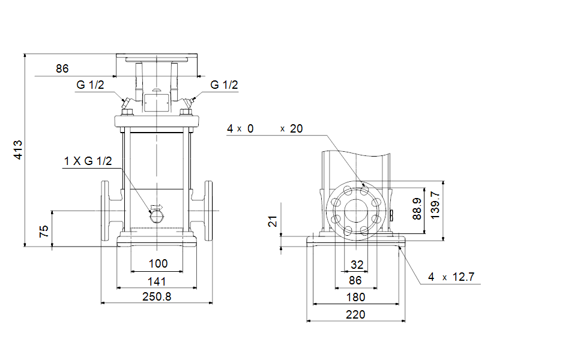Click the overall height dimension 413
click(18, 149)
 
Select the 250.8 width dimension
click(157, 296)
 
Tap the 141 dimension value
click(157, 281)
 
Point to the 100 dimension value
click(158, 263)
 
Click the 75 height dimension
click(44, 231)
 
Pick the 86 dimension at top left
click(62, 68)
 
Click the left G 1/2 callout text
click(90, 85)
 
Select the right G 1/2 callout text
click(224, 85)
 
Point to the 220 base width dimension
click(355, 314)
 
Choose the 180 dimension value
click(355, 297)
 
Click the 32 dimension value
click(357, 264)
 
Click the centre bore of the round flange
click(356, 211)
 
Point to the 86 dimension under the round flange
click(355, 280)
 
